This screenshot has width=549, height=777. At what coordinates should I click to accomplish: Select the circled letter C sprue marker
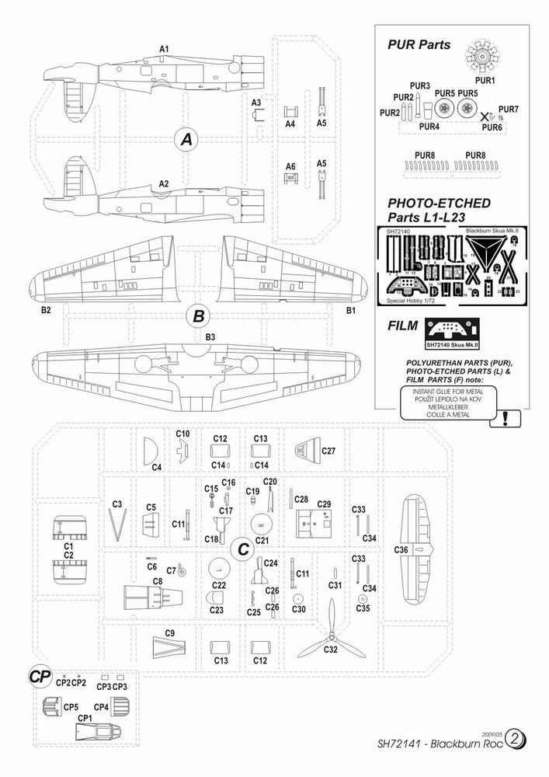pos(243,549)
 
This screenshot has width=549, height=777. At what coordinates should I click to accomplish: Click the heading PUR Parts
pos(419,45)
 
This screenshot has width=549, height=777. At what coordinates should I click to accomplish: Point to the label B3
pos(210,336)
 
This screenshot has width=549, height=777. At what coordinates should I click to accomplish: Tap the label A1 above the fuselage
pos(164,49)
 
